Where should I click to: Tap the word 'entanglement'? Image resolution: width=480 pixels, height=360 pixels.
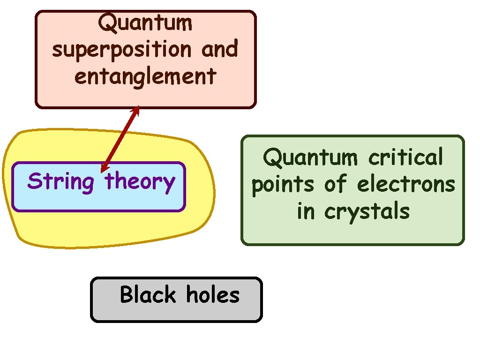click(x=145, y=76)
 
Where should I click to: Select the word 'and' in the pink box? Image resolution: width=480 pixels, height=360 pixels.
click(x=219, y=49)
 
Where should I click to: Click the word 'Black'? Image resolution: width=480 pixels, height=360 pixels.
click(x=148, y=295)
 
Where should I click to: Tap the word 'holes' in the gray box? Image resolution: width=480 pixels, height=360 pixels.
click(x=213, y=295)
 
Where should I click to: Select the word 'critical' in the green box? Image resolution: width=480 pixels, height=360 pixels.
click(x=405, y=157)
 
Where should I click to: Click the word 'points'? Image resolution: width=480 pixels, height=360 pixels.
click(x=284, y=185)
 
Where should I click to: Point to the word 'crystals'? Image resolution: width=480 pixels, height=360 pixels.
click(x=367, y=212)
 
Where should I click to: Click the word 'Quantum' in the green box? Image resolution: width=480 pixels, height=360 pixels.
click(x=310, y=157)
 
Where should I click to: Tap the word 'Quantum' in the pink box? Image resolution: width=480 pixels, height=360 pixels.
click(x=145, y=22)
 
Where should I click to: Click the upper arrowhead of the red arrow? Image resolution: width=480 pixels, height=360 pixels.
click(x=136, y=110)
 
